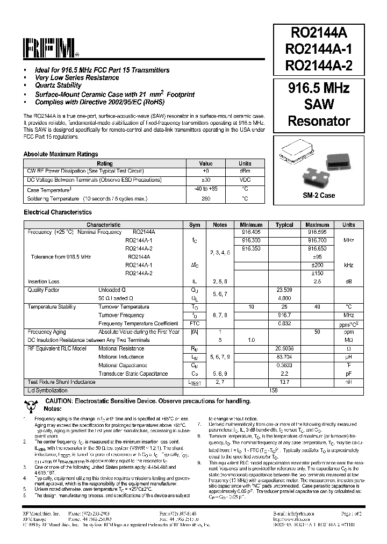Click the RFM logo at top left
(51, 48)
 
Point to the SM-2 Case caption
(319, 195)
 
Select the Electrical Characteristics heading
(58, 212)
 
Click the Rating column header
(105, 163)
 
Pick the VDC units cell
(245, 180)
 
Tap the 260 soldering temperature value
(206, 198)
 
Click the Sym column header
(195, 225)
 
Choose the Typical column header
(284, 225)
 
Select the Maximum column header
(317, 225)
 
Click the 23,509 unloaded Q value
(284, 290)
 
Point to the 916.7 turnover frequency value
(284, 315)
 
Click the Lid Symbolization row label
(47, 390)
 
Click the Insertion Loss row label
(43, 281)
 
